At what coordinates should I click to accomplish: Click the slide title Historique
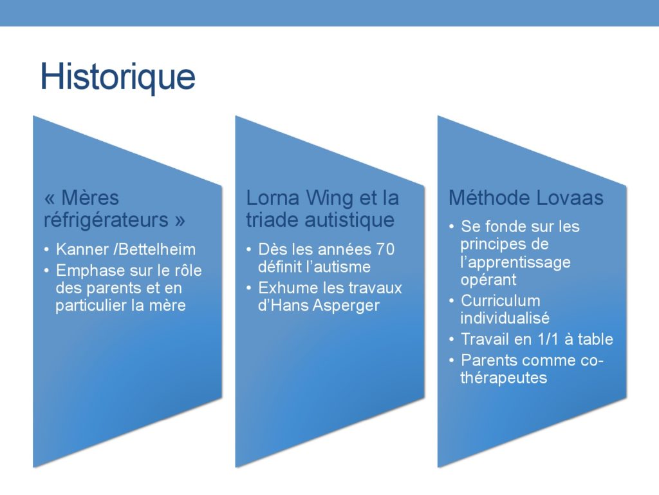pos(118,77)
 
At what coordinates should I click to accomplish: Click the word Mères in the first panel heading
pos(90,198)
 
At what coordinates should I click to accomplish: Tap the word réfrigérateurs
pos(106,220)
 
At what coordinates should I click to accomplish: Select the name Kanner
pos(82,249)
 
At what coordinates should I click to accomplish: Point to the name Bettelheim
pos(157,249)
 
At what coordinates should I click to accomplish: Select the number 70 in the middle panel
pos(385,249)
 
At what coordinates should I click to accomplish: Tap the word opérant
pos(488,280)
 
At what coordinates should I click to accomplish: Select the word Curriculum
pos(501,301)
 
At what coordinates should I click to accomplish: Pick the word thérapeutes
pos(503,378)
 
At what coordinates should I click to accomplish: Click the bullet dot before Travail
pos(451,339)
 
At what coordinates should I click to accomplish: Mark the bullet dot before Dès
pos(249,249)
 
